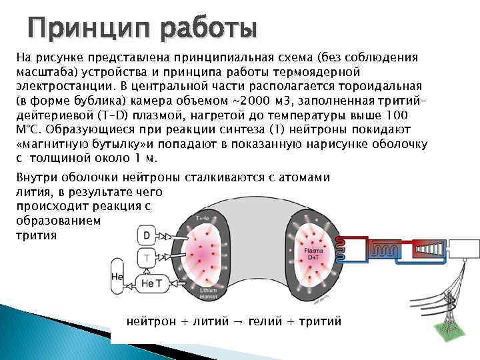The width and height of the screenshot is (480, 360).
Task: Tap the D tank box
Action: pyautogui.click(x=146, y=235)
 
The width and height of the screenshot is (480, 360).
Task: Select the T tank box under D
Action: pyautogui.click(x=146, y=257)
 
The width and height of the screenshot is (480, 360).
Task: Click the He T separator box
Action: pyautogui.click(x=152, y=283)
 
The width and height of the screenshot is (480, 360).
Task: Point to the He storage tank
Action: pyautogui.click(x=117, y=277)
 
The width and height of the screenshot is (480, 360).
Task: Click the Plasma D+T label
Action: pyautogui.click(x=313, y=253)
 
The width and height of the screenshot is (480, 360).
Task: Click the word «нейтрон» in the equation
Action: pyautogui.click(x=151, y=321)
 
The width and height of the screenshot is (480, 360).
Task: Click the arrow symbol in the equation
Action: pyautogui.click(x=237, y=321)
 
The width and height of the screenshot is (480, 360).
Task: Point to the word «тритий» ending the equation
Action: pyautogui.click(x=320, y=321)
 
